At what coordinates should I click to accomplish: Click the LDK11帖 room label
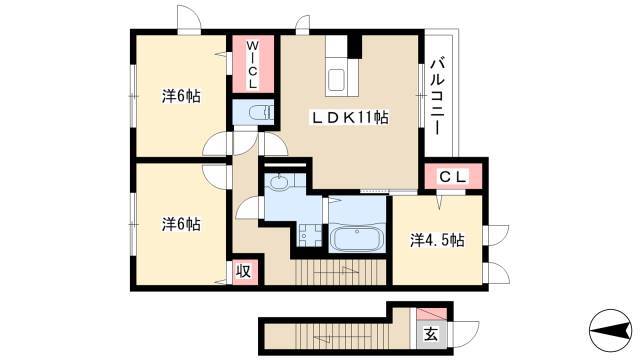pos(350,118)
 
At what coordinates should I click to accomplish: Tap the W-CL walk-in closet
pos(253,64)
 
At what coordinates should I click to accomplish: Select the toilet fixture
pos(261,112)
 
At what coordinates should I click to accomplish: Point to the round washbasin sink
pos(279,183)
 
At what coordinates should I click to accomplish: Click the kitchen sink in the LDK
pos(338,80)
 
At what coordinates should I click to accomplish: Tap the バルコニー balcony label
pos(438,97)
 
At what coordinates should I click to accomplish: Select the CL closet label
pos(452,177)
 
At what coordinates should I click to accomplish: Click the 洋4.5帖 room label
pos(437,240)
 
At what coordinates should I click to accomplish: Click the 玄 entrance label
pos(431,335)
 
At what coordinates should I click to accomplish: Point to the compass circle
pos(610,330)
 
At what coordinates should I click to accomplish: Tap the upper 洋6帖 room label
pos(181,96)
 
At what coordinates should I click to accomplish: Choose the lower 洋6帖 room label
pos(181,224)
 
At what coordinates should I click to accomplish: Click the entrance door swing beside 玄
pos(464,333)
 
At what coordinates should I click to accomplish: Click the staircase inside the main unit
pos(340,272)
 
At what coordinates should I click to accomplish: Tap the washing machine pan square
pos(309,236)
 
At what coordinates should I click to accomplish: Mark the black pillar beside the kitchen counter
pos(354,46)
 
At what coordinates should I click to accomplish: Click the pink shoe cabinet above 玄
pos(431,314)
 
